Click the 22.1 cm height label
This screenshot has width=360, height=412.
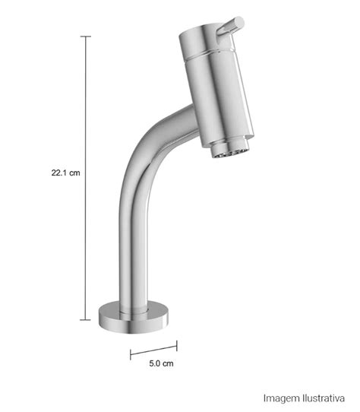pyautogui.click(x=65, y=173)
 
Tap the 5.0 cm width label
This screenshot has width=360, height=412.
pyautogui.click(x=161, y=363)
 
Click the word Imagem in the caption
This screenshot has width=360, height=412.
pyautogui.click(x=282, y=398)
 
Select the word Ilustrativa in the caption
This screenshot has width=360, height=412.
pyautogui.click(x=324, y=398)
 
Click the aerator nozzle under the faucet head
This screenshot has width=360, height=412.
pyautogui.click(x=230, y=149)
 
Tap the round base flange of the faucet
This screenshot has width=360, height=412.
pyautogui.click(x=134, y=319)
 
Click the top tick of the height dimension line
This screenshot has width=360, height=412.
pyautogui.click(x=85, y=36)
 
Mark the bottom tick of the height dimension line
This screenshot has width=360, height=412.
pyautogui.click(x=85, y=320)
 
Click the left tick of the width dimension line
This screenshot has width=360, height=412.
pyautogui.click(x=131, y=354)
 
